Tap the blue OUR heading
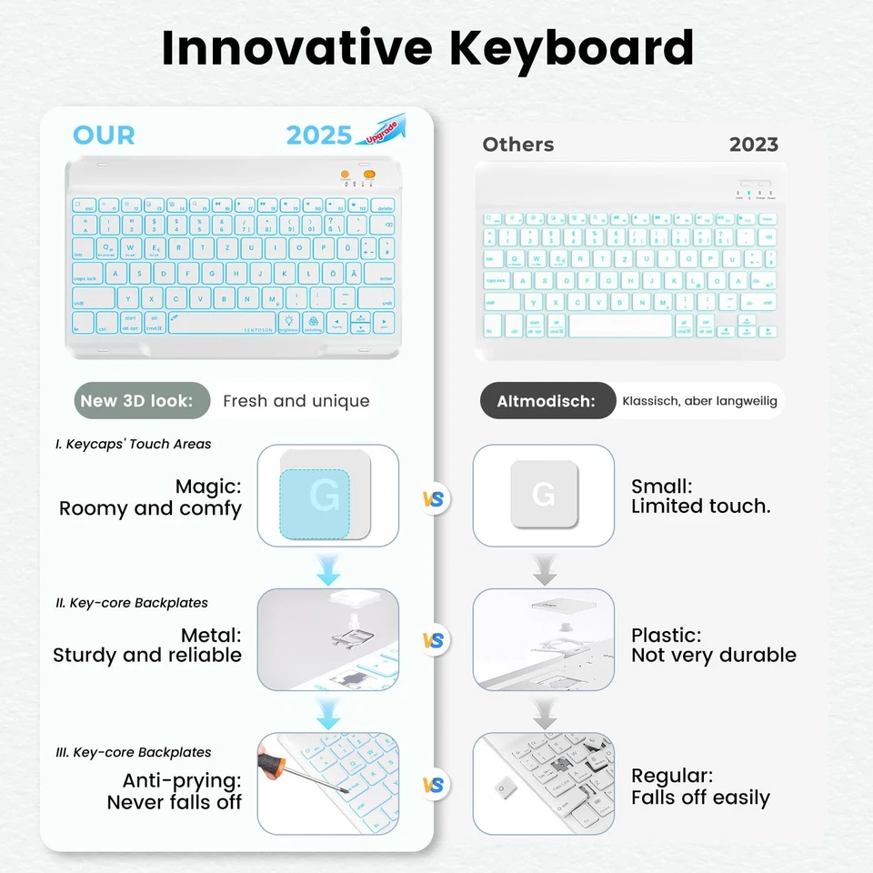pos(104,135)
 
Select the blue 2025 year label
pos(318,135)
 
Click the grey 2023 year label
pos(753,145)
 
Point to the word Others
pos(517,145)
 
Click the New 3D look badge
pos(136,401)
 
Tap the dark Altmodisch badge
pos(547,401)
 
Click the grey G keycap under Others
pos(543,495)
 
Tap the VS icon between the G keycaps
pos(436,499)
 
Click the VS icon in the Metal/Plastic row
pos(436,640)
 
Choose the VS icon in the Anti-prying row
pos(436,785)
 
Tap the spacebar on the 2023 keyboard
pos(621,326)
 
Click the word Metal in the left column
pos(211,635)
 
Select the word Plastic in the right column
pos(666,635)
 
